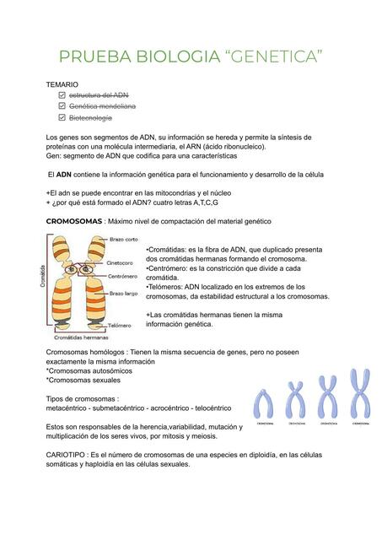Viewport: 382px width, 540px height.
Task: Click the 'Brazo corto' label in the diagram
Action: (x=125, y=240)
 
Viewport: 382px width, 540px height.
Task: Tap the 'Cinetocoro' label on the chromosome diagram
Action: (x=123, y=262)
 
